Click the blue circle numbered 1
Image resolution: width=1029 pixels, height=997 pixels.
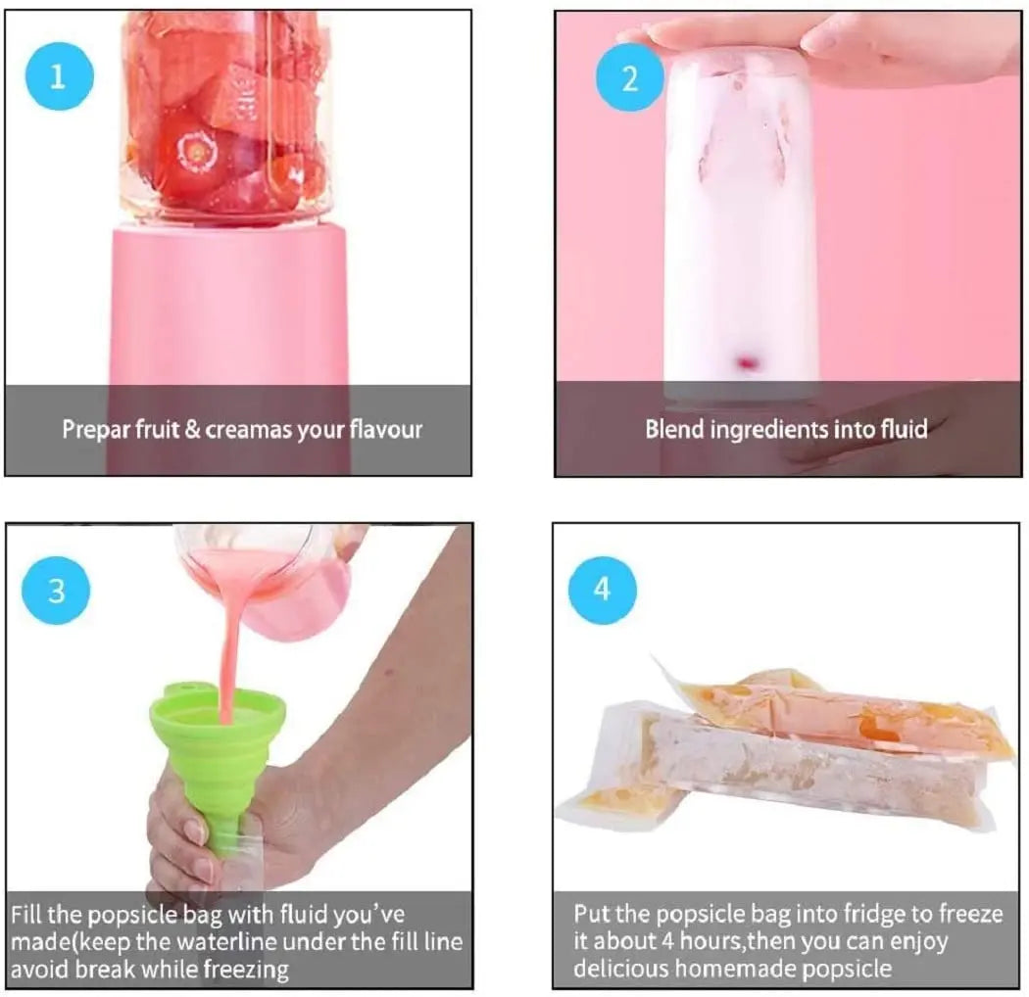58,75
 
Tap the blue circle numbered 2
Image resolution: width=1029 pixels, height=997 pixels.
629,77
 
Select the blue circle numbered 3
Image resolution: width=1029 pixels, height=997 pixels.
57,591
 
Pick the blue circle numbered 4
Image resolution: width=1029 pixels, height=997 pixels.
602,590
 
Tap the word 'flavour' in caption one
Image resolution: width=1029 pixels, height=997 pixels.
385,429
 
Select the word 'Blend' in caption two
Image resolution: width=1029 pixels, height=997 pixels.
673,429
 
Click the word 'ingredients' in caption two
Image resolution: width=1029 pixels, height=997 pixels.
765,429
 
